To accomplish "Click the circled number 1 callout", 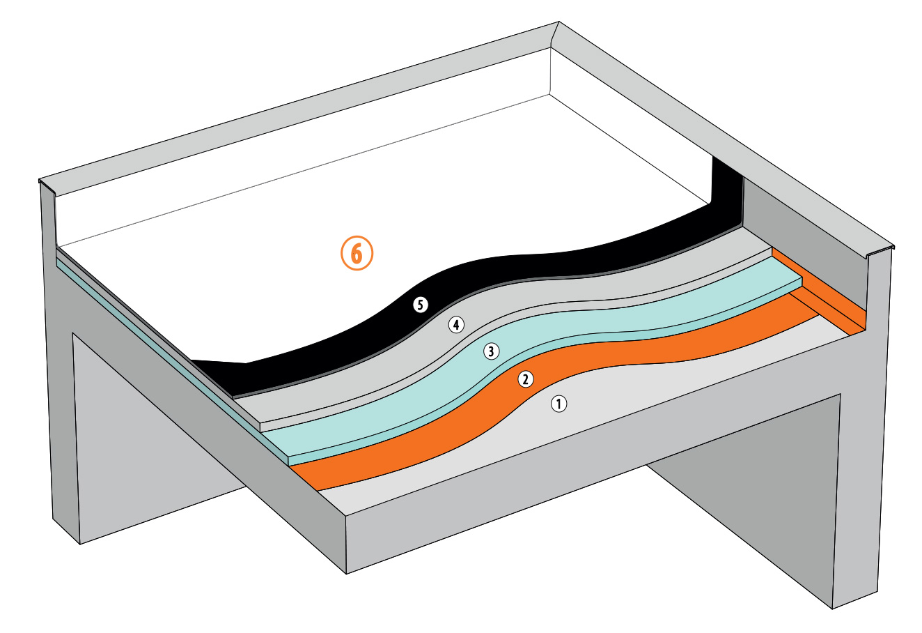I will pyautogui.click(x=559, y=403).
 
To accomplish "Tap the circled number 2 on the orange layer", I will pyautogui.click(x=526, y=379).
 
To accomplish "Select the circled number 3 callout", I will pyautogui.click(x=492, y=351).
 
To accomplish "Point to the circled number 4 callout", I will pyautogui.click(x=455, y=324).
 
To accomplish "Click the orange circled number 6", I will pyautogui.click(x=357, y=254).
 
